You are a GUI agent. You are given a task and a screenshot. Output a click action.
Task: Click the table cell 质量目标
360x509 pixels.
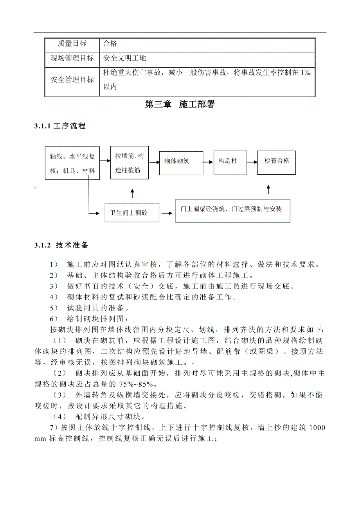click(72, 44)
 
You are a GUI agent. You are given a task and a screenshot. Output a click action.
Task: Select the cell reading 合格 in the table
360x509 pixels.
click(110, 44)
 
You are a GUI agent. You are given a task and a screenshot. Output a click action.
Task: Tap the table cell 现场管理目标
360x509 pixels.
click(72, 58)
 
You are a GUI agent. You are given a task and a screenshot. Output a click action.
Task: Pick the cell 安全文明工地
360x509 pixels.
click(125, 58)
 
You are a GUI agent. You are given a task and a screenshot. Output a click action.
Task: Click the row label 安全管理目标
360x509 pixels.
click(72, 80)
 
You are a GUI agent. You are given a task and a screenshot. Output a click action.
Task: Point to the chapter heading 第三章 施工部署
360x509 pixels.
click(180, 104)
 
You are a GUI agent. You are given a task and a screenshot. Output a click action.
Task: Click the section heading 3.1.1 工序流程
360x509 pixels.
click(60, 126)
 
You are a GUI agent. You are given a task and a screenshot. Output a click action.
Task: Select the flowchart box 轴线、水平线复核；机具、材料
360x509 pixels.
click(72, 163)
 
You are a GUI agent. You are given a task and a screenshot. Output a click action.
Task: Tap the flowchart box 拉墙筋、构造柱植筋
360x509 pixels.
click(130, 163)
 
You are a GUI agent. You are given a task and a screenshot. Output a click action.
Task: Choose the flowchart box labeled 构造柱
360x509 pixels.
click(228, 161)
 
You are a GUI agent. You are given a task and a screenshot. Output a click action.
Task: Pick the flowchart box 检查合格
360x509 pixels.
click(277, 161)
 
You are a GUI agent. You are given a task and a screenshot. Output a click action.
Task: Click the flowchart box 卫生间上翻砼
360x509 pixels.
click(131, 213)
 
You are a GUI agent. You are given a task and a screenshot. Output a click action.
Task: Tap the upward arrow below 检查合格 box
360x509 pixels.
click(268, 190)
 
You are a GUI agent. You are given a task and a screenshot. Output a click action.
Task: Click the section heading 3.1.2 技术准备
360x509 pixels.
click(61, 246)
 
